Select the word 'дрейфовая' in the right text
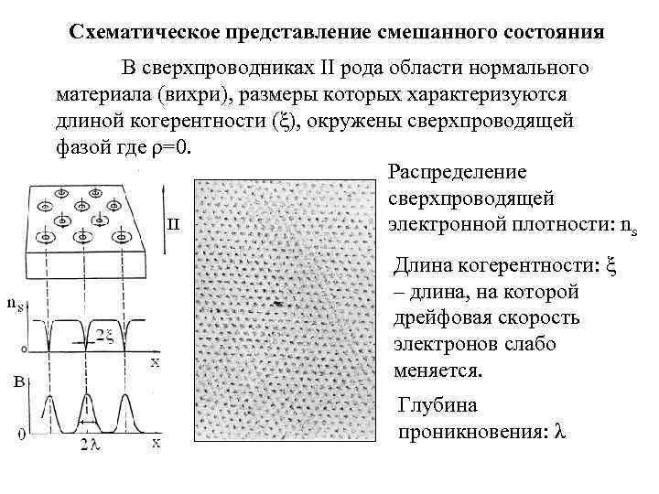click(441, 319)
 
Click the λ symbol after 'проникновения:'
click(560, 431)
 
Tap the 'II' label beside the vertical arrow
click(172, 223)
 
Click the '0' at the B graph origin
click(21, 435)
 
